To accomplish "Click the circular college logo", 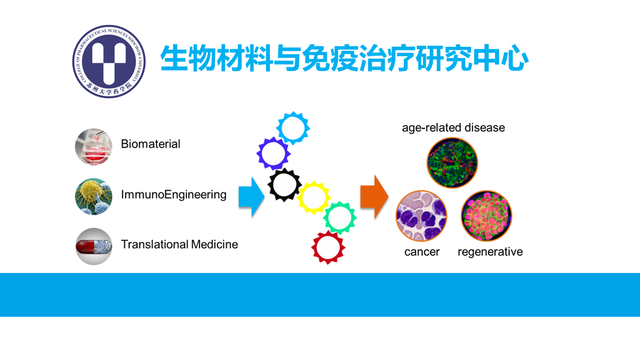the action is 109,61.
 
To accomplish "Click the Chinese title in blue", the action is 344,59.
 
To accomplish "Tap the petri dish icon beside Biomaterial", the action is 94,146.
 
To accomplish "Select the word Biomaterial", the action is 150,144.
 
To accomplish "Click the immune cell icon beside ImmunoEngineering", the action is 94,197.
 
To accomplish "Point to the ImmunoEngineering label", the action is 173,195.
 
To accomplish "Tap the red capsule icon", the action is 94,246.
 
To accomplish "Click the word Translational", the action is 155,245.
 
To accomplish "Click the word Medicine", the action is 215,245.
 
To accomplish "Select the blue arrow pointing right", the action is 252,197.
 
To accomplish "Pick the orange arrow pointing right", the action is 374,197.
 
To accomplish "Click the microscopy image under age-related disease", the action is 452,163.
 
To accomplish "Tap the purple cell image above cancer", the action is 422,216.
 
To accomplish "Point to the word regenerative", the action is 490,252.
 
